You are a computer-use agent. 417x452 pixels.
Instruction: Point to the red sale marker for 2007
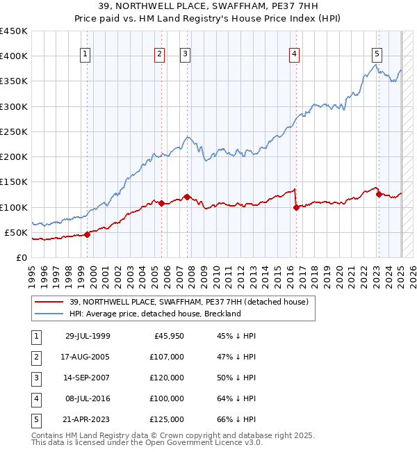click(x=187, y=197)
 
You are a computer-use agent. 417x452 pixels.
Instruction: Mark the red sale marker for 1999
click(x=88, y=234)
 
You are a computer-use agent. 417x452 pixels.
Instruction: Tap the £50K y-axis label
click(x=17, y=232)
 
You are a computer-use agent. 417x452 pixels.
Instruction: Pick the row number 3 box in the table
click(x=35, y=378)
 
